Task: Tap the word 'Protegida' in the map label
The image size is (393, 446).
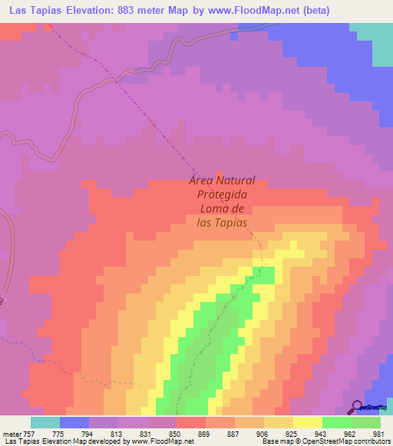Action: tap(222, 195)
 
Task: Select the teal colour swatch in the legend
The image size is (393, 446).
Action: tap(45, 422)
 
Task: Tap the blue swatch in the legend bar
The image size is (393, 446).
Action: tap(74, 422)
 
